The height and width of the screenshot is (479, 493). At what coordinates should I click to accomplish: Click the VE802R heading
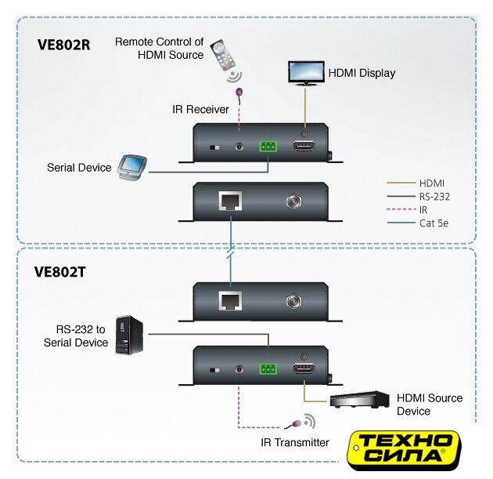65,45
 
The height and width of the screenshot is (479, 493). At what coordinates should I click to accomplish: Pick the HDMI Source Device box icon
361,400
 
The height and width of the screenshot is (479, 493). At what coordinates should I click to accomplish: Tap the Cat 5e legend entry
420,224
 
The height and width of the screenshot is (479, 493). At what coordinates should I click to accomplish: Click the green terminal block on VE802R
268,146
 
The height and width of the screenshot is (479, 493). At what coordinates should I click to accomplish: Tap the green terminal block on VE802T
268,368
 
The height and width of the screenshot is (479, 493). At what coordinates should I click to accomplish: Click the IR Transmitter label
295,443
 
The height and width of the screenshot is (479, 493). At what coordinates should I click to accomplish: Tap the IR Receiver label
200,109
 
